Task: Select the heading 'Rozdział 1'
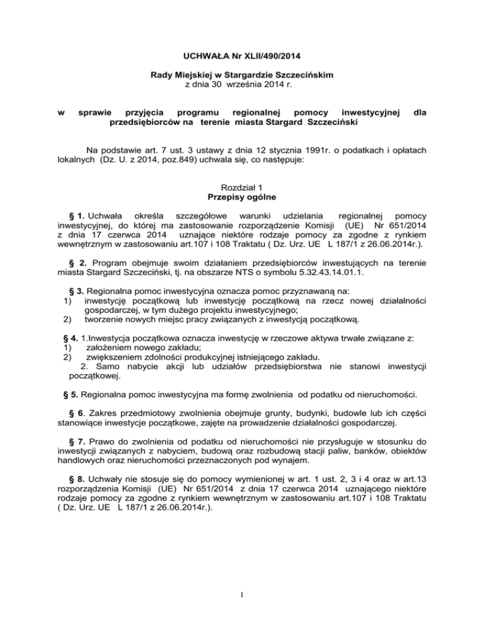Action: [242, 188]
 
